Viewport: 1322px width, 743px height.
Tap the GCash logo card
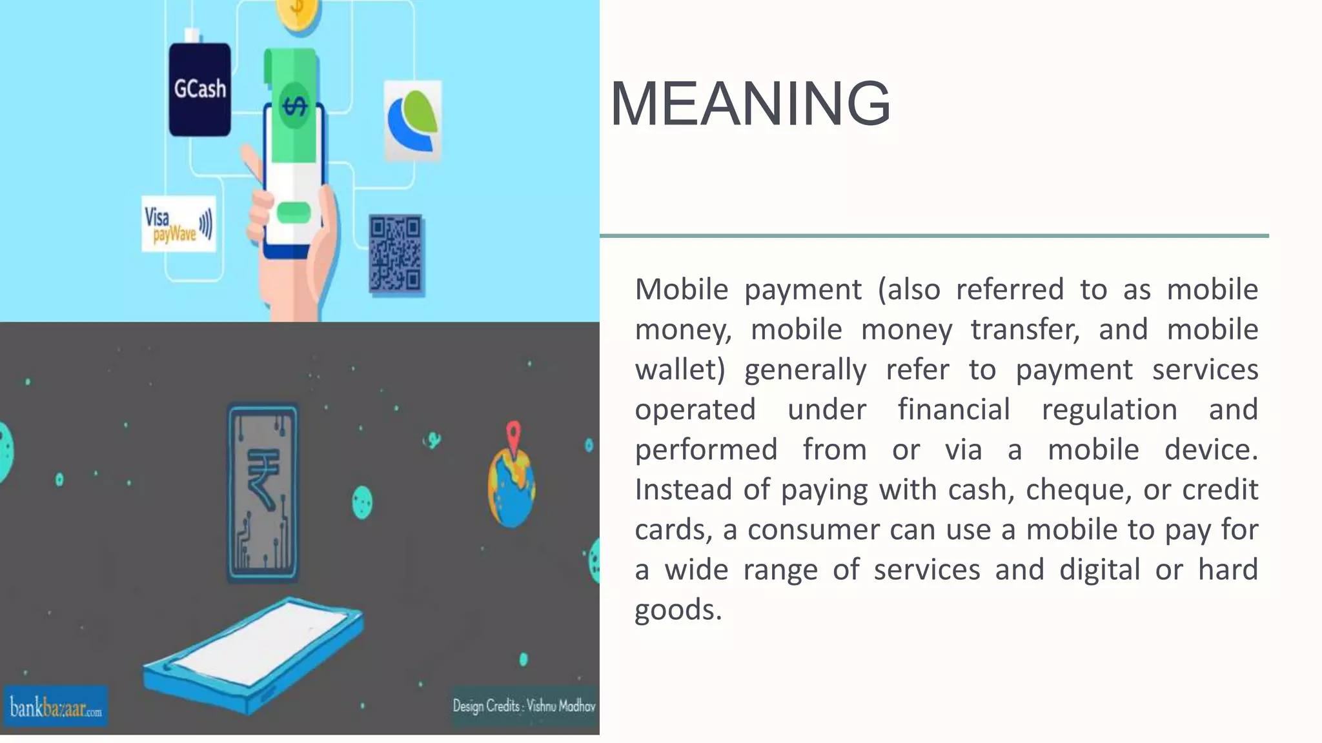pos(199,89)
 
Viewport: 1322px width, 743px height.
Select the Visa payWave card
pos(178,224)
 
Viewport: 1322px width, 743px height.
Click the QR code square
pos(396,254)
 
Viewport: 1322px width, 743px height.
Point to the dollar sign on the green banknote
pos(295,106)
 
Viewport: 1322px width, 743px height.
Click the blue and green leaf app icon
pos(413,121)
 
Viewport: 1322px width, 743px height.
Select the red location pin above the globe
pos(513,434)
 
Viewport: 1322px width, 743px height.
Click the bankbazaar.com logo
pos(56,707)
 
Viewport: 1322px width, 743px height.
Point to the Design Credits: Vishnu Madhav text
pos(524,706)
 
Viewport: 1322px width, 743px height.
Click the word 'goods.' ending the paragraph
pos(678,609)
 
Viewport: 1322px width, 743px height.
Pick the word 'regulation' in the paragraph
pos(1109,410)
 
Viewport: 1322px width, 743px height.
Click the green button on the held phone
pos(294,212)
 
